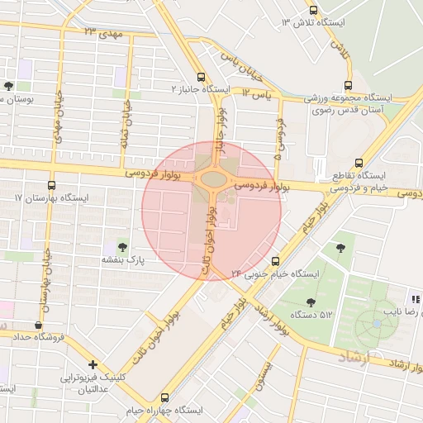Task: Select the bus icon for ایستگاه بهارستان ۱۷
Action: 52,185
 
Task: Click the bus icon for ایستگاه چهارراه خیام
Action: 164,397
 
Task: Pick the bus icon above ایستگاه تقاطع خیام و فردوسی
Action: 359,163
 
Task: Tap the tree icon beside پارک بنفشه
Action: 123,246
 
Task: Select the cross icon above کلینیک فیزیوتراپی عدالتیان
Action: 93,364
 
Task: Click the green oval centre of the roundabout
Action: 212,178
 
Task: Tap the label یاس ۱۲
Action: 257,95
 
